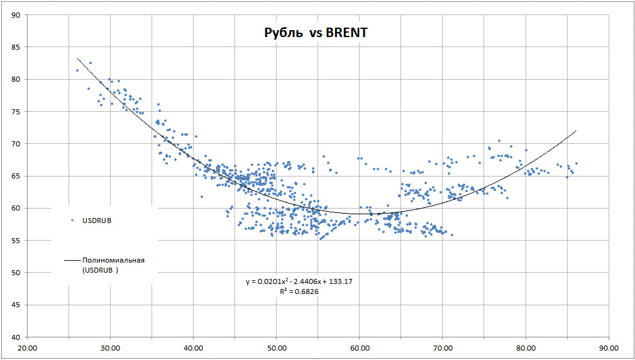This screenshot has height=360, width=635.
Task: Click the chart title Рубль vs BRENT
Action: pyautogui.click(x=315, y=33)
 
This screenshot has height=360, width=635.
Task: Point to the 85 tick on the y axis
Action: pyautogui.click(x=15, y=47)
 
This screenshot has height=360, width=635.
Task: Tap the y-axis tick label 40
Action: pyautogui.click(x=15, y=337)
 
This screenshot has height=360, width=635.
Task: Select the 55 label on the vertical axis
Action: pyautogui.click(x=15, y=240)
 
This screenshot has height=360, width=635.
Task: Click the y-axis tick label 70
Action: pyautogui.click(x=15, y=144)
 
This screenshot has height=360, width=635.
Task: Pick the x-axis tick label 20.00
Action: pyautogui.click(x=27, y=347)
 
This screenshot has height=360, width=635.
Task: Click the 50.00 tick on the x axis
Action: pyautogui.click(x=277, y=347)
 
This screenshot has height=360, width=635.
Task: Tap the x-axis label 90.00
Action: pyautogui.click(x=609, y=347)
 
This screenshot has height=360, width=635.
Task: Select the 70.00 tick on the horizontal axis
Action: pyautogui.click(x=443, y=347)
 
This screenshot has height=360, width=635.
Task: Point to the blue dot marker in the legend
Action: pyautogui.click(x=72, y=221)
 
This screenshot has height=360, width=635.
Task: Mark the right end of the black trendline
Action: pyautogui.click(x=575, y=131)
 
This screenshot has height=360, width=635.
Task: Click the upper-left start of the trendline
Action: pyautogui.click(x=77, y=58)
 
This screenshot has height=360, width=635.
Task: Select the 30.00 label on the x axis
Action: pyautogui.click(x=110, y=347)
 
